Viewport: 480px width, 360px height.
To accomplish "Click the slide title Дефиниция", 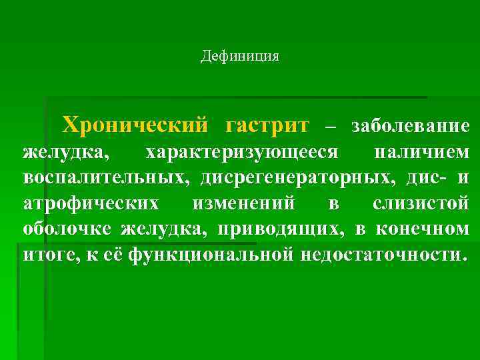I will [x=240, y=57].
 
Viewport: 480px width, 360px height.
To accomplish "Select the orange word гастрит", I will [x=267, y=125].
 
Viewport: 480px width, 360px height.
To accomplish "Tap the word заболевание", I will [x=411, y=125].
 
